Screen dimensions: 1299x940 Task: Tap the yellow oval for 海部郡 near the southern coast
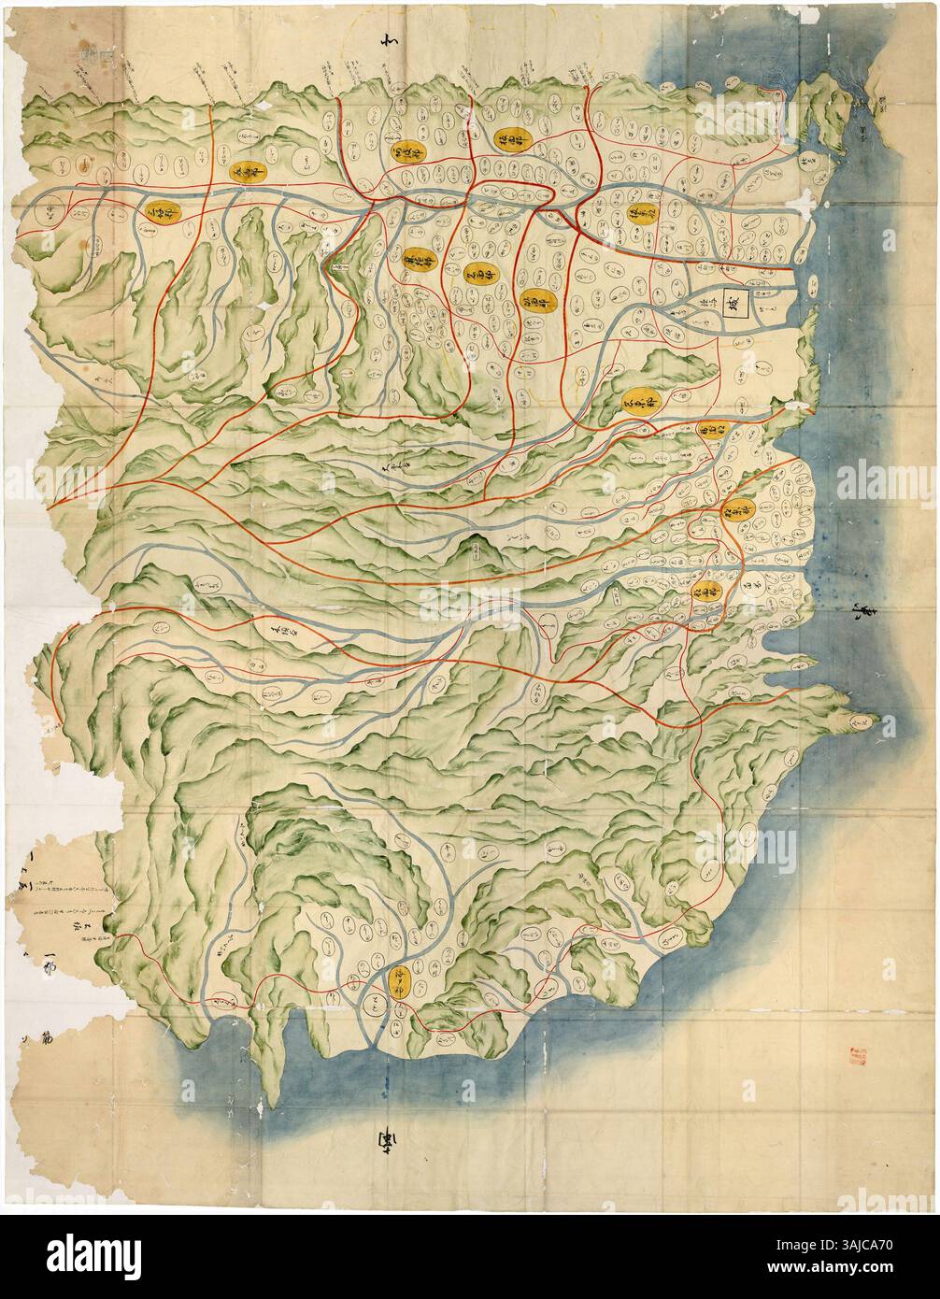[400, 981]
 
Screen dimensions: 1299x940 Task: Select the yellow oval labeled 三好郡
[163, 214]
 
